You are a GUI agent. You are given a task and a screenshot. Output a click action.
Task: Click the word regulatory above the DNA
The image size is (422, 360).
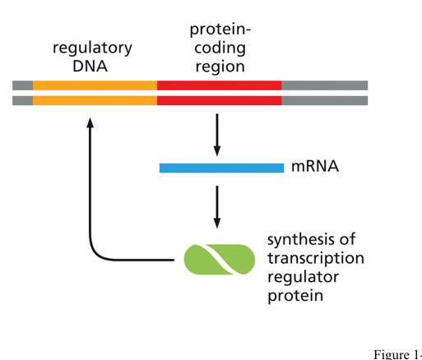pos(91,48)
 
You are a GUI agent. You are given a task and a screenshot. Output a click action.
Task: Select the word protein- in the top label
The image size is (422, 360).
pos(220,30)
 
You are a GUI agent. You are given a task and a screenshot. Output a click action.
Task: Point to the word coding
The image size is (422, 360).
pos(220,48)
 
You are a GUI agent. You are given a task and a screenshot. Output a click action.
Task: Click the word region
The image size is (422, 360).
pos(220,67)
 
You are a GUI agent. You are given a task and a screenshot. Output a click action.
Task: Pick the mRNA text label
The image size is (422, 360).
pos(314,168)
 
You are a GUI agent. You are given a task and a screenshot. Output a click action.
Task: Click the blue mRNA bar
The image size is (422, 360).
pos(221,168)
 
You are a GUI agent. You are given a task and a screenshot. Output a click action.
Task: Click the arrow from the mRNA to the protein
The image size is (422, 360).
pos(217,206)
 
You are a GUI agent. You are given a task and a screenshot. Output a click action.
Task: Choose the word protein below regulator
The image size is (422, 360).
pos(294,295)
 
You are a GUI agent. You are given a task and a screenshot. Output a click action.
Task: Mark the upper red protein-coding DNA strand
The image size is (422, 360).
pos(219,85)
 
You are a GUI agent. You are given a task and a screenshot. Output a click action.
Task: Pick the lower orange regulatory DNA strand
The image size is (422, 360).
pos(95,100)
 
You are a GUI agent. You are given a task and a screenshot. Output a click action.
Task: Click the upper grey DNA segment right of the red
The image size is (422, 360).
pos(324,85)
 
